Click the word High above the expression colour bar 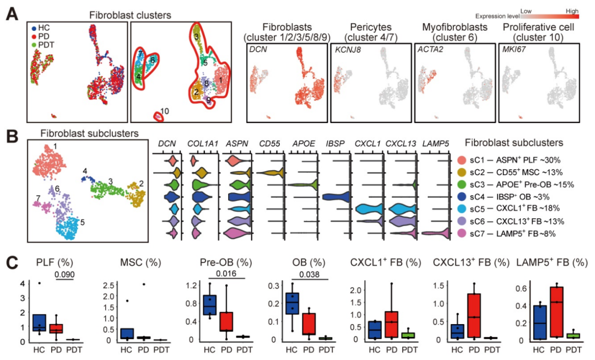click(573, 10)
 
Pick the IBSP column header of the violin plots click(336, 144)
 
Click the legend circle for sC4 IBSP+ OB click(462, 196)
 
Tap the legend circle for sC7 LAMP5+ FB click(462, 233)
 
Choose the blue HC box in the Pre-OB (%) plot click(209, 304)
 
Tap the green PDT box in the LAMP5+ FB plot click(574, 336)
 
